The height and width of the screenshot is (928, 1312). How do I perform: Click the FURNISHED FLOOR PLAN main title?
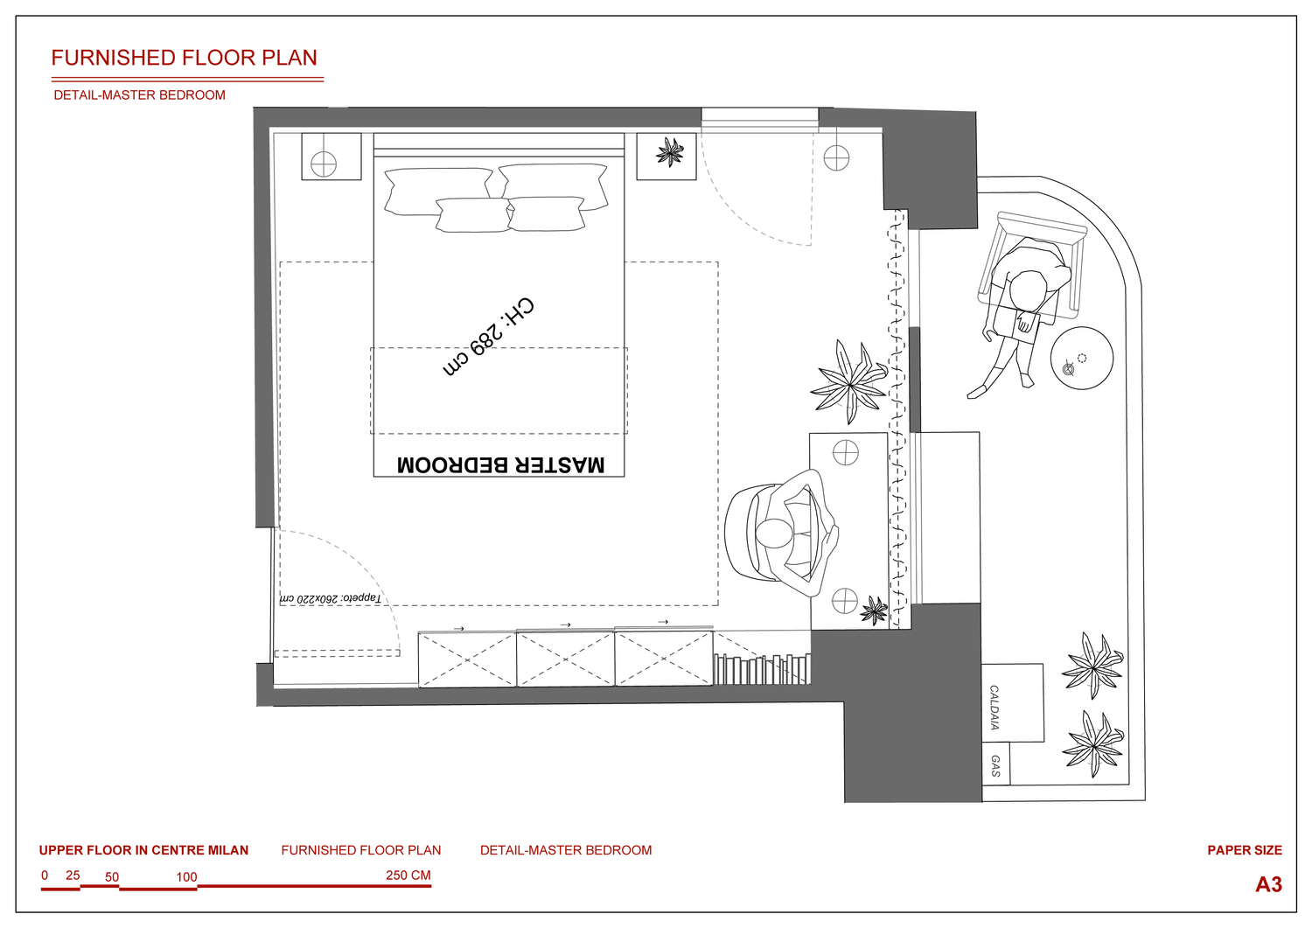coord(184,58)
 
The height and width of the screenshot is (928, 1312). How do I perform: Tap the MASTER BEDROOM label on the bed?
coord(501,464)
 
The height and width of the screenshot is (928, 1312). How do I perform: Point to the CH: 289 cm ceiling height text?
coord(488,337)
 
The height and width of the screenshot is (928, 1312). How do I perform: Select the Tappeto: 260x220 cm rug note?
coord(331,599)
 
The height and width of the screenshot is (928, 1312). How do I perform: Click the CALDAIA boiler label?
coord(994,707)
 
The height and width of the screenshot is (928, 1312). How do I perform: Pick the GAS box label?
coord(995,765)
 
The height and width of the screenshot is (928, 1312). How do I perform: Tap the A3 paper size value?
coord(1268,884)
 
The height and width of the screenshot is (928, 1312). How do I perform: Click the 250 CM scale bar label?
coord(408,876)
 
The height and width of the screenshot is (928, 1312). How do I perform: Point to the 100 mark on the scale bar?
coord(187,877)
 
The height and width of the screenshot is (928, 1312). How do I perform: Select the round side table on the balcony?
coord(1082,358)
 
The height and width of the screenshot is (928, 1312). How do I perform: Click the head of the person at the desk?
coord(774,534)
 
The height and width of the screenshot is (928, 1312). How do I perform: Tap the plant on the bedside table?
coord(670,152)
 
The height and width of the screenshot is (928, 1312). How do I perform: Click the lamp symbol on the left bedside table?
coord(324,164)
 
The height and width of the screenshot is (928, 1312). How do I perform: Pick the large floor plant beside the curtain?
coord(849,382)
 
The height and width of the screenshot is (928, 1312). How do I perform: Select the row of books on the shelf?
coord(762,669)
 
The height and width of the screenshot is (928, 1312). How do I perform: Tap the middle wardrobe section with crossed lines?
coord(565,659)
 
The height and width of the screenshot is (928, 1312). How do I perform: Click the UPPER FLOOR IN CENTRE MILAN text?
coord(143,850)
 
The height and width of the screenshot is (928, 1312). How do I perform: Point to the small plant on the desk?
coord(874,611)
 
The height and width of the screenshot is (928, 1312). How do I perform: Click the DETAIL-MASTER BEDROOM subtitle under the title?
coord(139,95)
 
